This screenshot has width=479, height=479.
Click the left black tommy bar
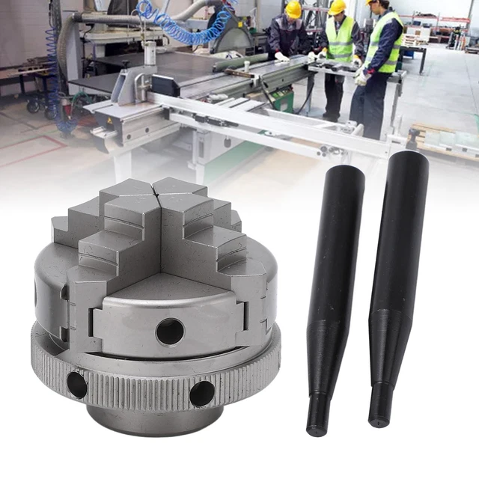(x=335, y=284)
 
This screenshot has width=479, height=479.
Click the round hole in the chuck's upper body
(x=170, y=331)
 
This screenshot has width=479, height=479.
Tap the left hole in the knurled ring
(x=76, y=384)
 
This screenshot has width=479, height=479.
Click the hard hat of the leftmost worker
(x=293, y=9)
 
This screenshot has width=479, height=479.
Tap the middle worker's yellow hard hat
(x=338, y=7)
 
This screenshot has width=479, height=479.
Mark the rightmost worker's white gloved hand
(x=361, y=77)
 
